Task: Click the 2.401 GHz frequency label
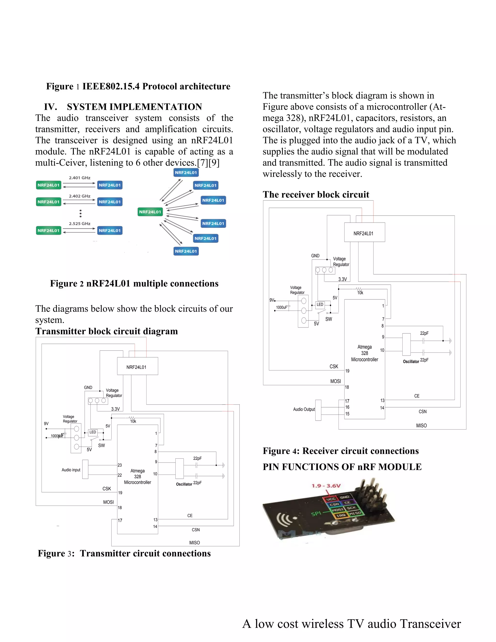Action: tap(80, 178)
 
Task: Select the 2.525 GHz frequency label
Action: tap(80, 224)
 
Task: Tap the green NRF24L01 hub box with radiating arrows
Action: tap(150, 212)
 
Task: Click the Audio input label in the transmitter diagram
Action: tap(71, 470)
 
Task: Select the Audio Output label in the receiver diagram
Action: tap(304, 409)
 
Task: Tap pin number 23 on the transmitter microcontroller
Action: tap(120, 465)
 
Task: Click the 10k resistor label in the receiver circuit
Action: tap(360, 293)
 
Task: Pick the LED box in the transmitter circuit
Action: tap(93, 432)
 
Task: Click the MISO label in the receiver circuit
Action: tap(421, 426)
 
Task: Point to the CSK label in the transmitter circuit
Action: tap(107, 489)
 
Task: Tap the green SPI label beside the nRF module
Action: tap(316, 514)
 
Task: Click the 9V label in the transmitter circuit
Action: tap(46, 423)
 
